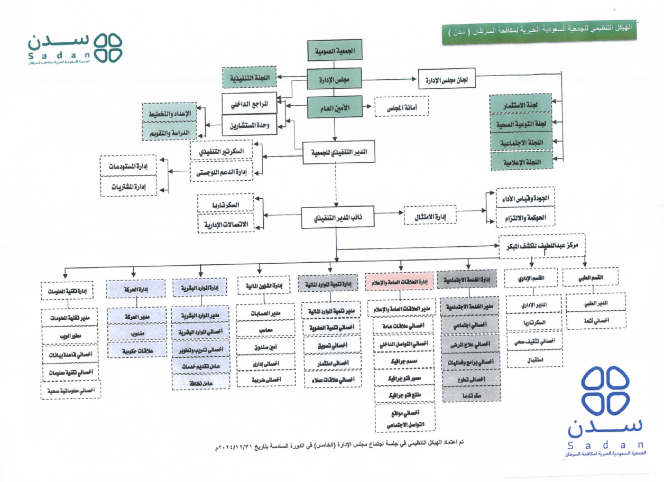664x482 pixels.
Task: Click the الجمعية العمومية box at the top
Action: point(335,51)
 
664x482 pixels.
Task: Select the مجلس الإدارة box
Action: point(335,80)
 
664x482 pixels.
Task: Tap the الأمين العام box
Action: point(335,107)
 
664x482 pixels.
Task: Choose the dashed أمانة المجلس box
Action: point(401,107)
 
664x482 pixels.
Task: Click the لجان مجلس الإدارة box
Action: point(447,80)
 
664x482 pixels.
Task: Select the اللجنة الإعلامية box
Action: point(521,161)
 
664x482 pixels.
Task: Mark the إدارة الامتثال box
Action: point(430,216)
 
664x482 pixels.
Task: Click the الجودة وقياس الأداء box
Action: point(525,198)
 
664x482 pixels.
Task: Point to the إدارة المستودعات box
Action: point(128,166)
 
